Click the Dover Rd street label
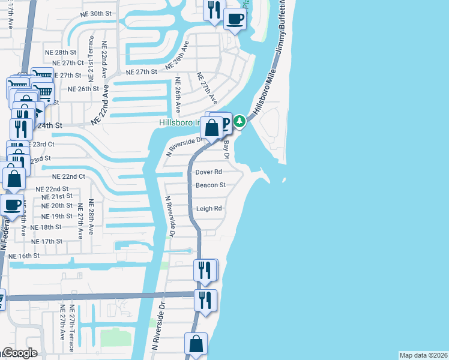point(209,172)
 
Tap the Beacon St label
point(210,185)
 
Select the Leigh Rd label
point(209,209)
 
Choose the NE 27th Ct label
point(68,63)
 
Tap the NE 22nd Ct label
point(68,177)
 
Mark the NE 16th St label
point(24,256)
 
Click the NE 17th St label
point(47,241)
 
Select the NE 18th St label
point(46,227)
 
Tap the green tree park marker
point(240,122)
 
